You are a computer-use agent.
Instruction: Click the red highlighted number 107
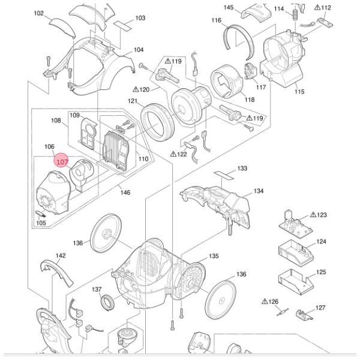tap(62, 161)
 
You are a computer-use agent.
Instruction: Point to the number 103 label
tap(140, 18)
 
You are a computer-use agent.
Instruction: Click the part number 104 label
tap(139, 50)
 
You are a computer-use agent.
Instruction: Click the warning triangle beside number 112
tap(317, 8)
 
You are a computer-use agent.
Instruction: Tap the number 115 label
tap(299, 92)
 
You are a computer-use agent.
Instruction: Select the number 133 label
tap(242, 169)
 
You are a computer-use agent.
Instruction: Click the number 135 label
tap(214, 256)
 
